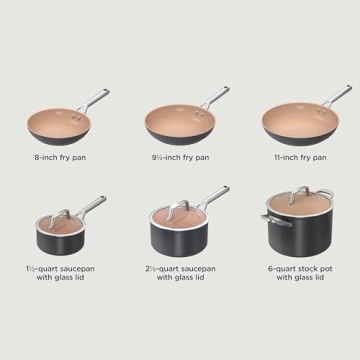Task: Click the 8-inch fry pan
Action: pyautogui.click(x=63, y=125)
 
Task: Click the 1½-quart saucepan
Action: pyautogui.click(x=60, y=236)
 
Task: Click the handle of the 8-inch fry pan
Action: pyautogui.click(x=98, y=99)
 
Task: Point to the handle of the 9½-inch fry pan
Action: pyautogui.click(x=214, y=96)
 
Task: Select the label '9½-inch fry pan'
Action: pyautogui.click(x=181, y=157)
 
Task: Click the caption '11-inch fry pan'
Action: pyautogui.click(x=297, y=157)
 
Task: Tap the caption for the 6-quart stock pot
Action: pyautogui.click(x=297, y=272)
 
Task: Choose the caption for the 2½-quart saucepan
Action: pyautogui.click(x=181, y=272)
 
